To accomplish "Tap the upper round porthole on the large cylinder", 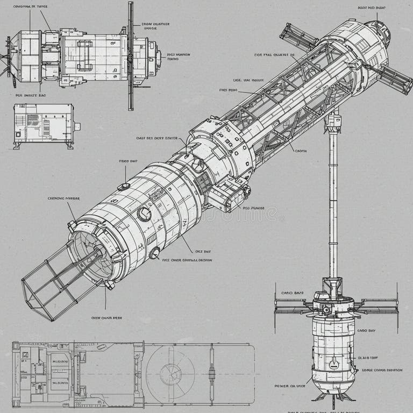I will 144,214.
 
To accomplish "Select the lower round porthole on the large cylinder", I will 155,253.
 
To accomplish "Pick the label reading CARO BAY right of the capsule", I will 366,330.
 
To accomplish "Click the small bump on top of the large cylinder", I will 124,186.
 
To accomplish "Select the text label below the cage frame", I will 106,318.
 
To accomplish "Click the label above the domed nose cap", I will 371,8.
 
